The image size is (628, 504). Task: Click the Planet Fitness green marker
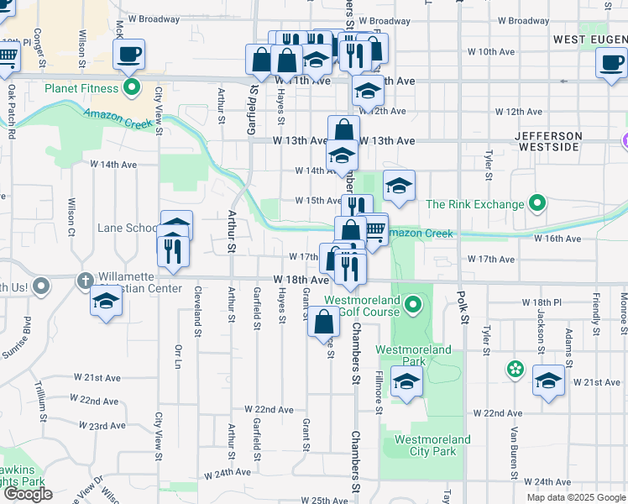[131, 87]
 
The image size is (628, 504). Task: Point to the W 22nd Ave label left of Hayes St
[269, 409]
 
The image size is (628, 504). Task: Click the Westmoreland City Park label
[426, 445]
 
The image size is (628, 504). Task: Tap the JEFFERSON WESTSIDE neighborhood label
[547, 141]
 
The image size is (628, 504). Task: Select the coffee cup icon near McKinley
[128, 55]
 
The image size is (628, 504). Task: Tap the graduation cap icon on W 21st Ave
[548, 382]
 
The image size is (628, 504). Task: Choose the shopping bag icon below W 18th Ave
[324, 323]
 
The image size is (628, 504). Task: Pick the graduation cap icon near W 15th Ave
[400, 186]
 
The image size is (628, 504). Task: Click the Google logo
[28, 494]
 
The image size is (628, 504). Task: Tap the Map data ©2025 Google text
[575, 496]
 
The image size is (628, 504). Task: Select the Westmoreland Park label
[413, 355]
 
